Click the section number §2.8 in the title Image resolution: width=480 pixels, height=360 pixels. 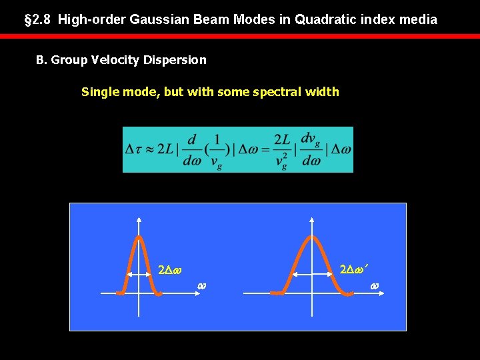coord(38,19)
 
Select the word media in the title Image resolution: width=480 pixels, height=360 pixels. coord(418,19)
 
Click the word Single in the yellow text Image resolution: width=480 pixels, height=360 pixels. coord(100,92)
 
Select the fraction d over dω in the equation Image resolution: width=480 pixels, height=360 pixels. coord(193,149)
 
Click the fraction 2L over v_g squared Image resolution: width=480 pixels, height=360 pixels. coord(283,149)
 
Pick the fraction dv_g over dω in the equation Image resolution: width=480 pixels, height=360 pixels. coord(311,149)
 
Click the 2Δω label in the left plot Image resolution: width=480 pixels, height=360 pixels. coord(171,271)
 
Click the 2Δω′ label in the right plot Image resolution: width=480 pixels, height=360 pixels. coord(354,270)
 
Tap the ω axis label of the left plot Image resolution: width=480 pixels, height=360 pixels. coord(201,286)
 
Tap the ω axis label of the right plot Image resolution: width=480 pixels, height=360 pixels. coord(374,286)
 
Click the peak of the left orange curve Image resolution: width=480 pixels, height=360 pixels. coord(139,237)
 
